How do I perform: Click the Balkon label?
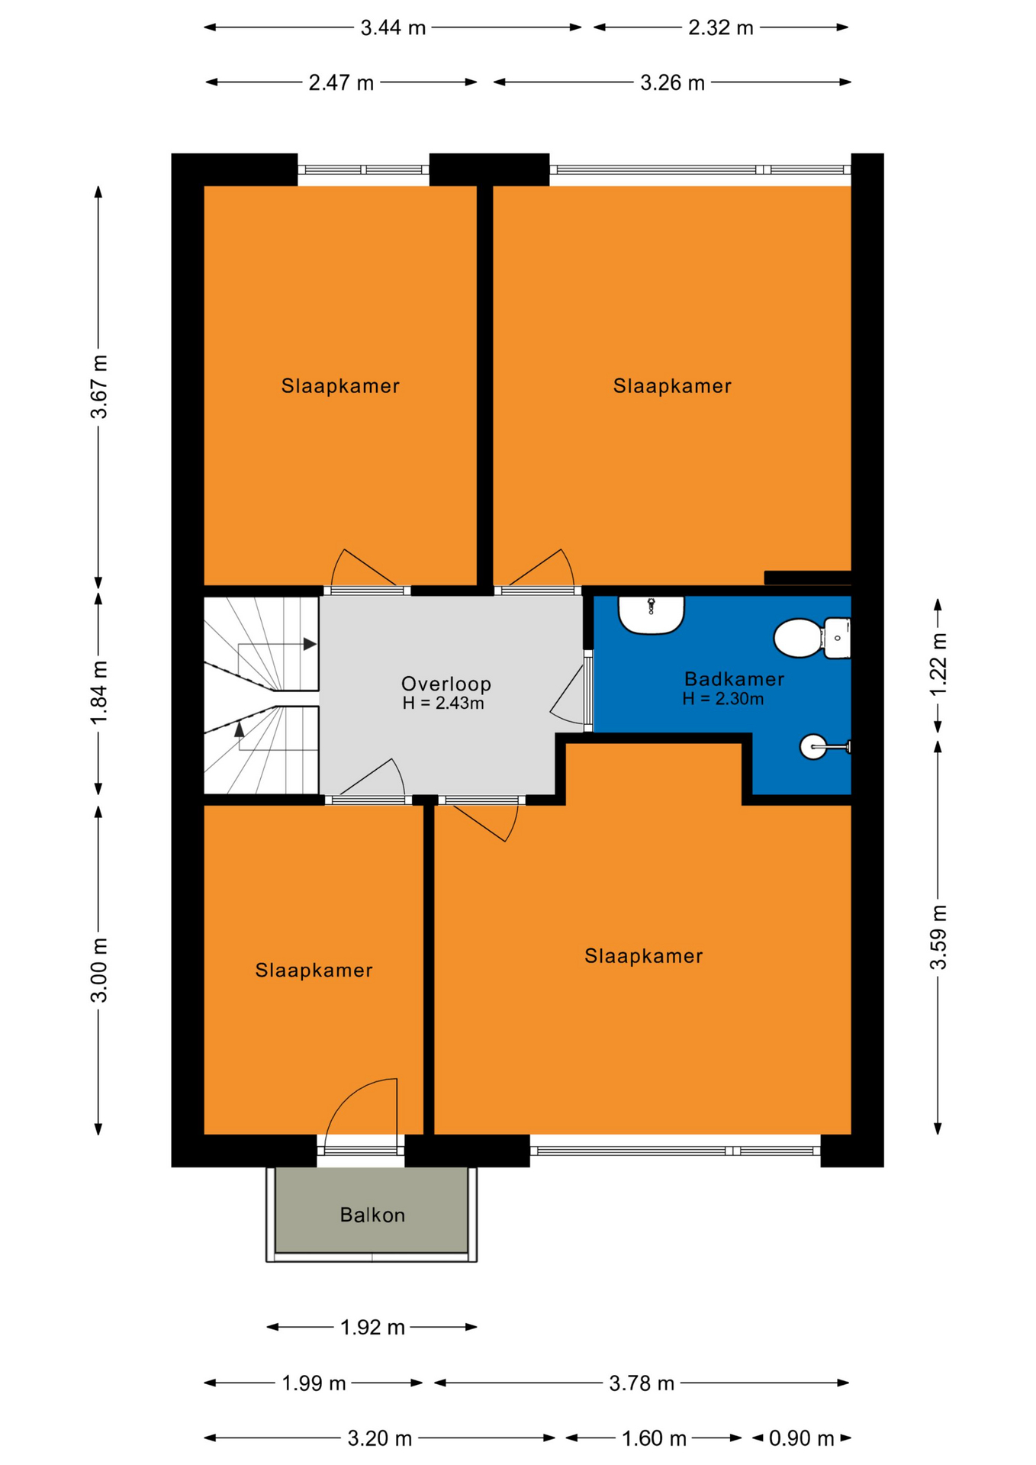click(x=372, y=1215)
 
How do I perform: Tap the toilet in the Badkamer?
click(x=812, y=638)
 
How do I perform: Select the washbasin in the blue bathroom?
click(x=651, y=615)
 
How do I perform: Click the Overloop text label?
click(x=446, y=684)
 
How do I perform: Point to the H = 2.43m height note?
click(x=443, y=704)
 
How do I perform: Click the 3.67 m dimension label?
click(x=99, y=387)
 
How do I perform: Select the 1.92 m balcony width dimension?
click(x=372, y=1328)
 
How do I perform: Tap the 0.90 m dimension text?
click(x=801, y=1438)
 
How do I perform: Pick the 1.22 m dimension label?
click(x=938, y=664)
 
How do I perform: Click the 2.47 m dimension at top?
click(x=341, y=82)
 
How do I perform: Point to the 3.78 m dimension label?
click(x=642, y=1383)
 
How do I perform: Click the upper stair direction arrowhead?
click(x=310, y=644)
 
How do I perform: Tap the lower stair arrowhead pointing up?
click(x=240, y=729)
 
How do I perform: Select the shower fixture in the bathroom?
click(x=825, y=746)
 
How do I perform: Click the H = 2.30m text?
click(x=723, y=699)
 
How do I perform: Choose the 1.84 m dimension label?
click(x=99, y=694)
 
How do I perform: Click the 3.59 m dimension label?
click(x=938, y=937)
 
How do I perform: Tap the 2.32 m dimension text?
click(x=721, y=27)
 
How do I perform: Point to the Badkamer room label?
click(x=734, y=679)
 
